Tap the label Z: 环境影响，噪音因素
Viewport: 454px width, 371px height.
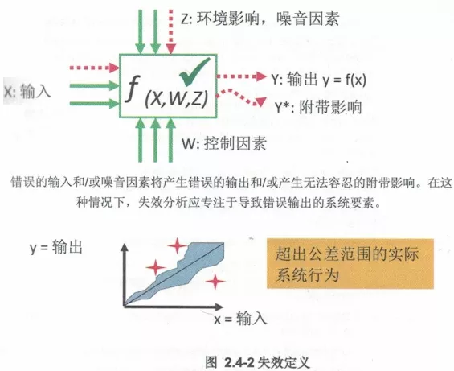pos(260,19)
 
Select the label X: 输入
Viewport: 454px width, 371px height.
pos(27,92)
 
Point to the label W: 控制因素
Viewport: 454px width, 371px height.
pos(224,143)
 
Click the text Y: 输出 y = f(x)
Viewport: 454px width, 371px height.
pos(318,80)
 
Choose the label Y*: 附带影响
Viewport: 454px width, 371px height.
pos(318,107)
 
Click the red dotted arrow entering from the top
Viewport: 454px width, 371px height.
pos(171,31)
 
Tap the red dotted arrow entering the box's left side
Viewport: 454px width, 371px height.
pos(94,68)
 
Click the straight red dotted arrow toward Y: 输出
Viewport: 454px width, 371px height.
pos(242,76)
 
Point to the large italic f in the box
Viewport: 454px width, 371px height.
pos(133,88)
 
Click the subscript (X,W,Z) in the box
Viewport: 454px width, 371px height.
pos(177,99)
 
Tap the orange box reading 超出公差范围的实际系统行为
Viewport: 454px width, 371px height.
pos(350,263)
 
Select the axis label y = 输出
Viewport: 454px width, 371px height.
pos(56,248)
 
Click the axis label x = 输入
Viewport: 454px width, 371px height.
pos(240,319)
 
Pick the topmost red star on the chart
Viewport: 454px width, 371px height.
pos(177,246)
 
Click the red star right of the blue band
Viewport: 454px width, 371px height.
pos(215,281)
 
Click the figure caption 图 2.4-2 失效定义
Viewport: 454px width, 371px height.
pos(257,361)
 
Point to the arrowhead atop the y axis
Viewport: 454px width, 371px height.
pos(125,247)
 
